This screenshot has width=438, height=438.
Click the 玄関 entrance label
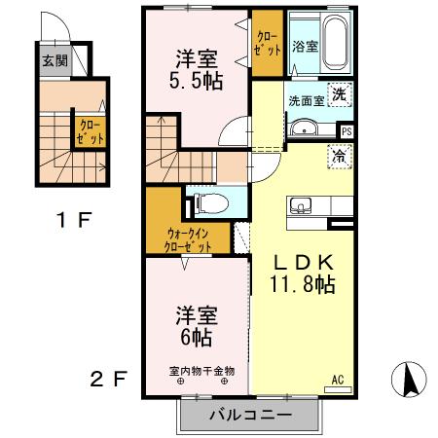[x=54, y=59]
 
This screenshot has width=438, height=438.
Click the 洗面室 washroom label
[x=306, y=99]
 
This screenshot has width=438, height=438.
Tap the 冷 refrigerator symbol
[x=339, y=154]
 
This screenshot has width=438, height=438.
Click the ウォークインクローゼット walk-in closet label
[x=190, y=239]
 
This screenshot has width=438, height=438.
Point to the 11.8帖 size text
[x=303, y=284]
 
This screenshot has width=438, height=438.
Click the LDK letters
[x=303, y=261]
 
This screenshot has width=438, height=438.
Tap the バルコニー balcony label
[x=249, y=416]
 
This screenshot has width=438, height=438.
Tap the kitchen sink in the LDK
[x=299, y=204]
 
